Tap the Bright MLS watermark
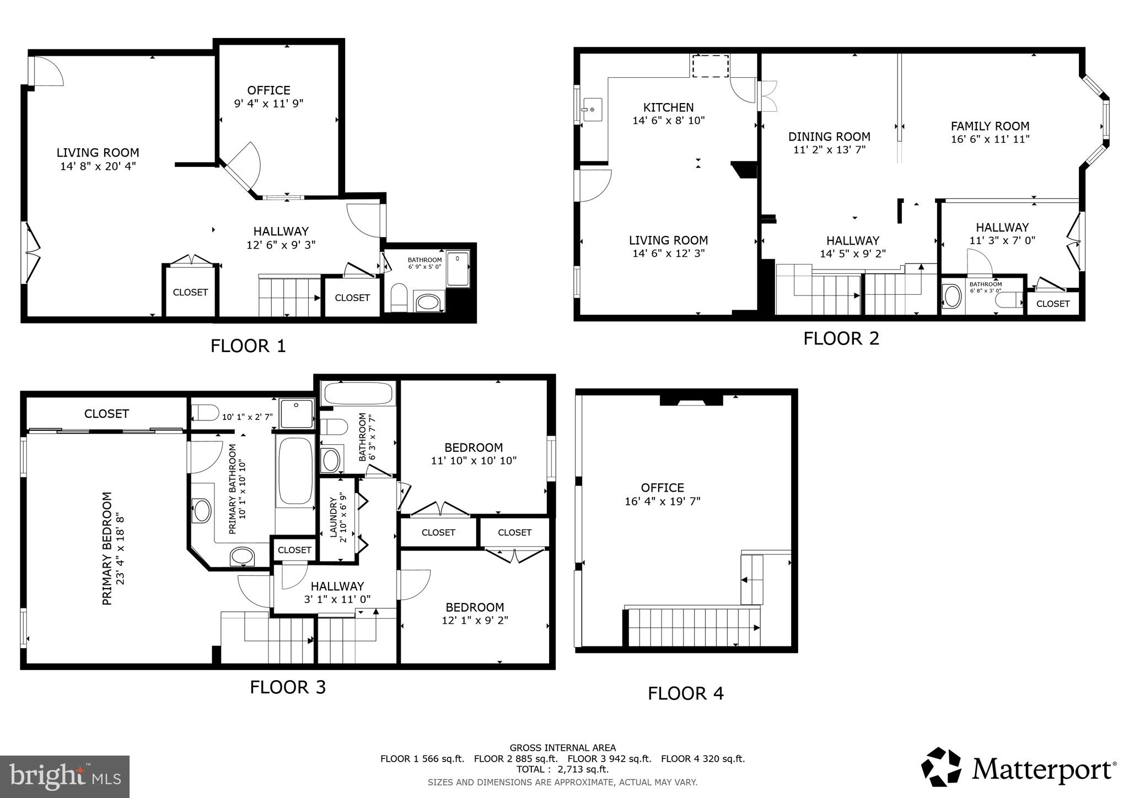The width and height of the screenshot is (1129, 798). pos(64,777)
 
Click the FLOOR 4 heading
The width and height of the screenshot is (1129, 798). pos(685,693)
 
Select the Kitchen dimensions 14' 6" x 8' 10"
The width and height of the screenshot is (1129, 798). pos(668,121)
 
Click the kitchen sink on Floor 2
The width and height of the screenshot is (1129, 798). pos(593,110)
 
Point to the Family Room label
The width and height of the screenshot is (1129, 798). pos(990,126)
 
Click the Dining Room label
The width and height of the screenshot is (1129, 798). pos(829,137)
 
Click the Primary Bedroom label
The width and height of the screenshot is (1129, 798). pos(107,548)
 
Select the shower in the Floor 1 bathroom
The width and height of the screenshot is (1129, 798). pos(458,269)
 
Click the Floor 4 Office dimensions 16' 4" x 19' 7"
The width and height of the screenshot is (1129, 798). pos(663,502)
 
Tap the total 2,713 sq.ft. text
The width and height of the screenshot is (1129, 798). pos(562,769)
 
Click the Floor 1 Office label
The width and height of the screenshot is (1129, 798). pos(268,90)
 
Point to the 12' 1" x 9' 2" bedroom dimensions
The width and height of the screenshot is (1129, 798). pos(475,621)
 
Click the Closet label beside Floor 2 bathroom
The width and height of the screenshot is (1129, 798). pos(1052,304)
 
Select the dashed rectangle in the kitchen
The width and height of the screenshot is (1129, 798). pos(711,66)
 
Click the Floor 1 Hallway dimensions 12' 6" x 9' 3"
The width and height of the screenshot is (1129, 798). pos(281,245)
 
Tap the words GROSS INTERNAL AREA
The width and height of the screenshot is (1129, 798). pos(562,748)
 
